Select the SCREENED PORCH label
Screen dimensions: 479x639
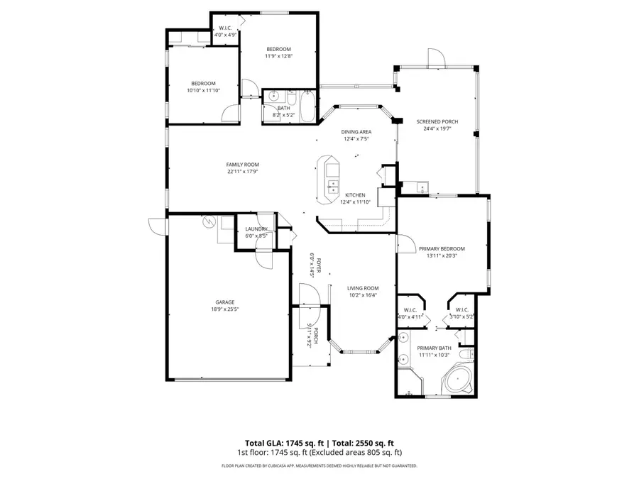tap(437, 121)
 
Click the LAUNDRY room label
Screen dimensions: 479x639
tap(256, 229)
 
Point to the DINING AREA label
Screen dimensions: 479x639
tap(357, 132)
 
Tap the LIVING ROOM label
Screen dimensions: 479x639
tap(362, 287)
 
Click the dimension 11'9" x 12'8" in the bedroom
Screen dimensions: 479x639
tap(279, 56)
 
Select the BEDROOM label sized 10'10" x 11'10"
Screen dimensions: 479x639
tap(203, 83)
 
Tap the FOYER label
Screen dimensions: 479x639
tap(319, 266)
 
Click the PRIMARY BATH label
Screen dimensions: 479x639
tap(435, 348)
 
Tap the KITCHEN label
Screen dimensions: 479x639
tap(355, 194)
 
